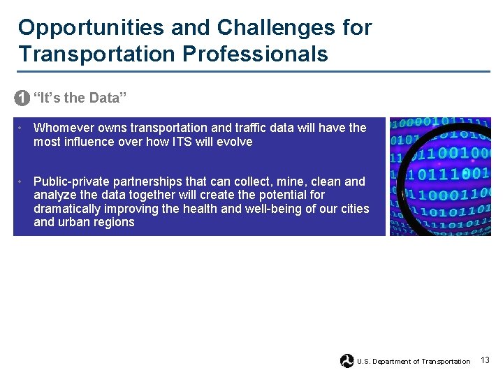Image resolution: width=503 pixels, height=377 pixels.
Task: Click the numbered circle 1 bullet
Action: pos(22,98)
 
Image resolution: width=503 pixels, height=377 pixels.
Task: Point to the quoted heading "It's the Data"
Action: pos(80,98)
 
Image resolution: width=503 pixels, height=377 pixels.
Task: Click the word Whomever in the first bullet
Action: pos(63,128)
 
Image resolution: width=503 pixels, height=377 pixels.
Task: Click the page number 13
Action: pos(485,360)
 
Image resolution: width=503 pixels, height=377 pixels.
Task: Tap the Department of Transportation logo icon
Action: pos(347,361)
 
